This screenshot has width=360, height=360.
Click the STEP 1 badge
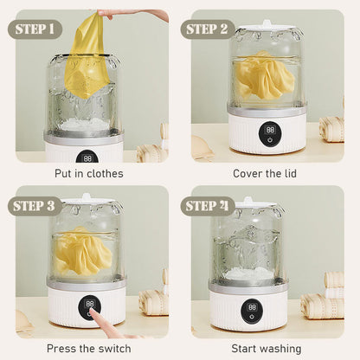pyautogui.click(x=35, y=29)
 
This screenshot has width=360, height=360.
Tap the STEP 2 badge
pyautogui.click(x=208, y=29)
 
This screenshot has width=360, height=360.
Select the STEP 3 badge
pyautogui.click(x=35, y=206)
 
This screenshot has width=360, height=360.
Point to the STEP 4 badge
pyautogui.click(x=208, y=206)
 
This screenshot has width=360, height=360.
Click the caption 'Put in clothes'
pyautogui.click(x=89, y=174)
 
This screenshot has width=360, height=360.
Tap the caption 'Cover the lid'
pyautogui.click(x=265, y=174)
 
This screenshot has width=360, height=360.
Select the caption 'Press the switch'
pyautogui.click(x=89, y=349)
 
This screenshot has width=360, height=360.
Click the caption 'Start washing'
pyautogui.click(x=267, y=349)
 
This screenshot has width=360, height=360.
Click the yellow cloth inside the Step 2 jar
pyautogui.click(x=264, y=75)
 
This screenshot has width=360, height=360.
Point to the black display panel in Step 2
pyautogui.click(x=270, y=133)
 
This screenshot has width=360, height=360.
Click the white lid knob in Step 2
pyautogui.click(x=266, y=23)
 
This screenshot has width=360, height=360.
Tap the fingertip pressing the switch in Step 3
pyautogui.click(x=93, y=311)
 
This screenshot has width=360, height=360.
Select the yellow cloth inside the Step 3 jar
pyautogui.click(x=82, y=251)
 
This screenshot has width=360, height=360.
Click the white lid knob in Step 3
pyautogui.click(x=87, y=197)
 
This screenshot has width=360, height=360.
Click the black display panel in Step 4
pyautogui.click(x=252, y=310)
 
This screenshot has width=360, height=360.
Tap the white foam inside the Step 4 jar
pyautogui.click(x=250, y=273)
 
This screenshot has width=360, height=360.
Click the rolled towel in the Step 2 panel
pyautogui.click(x=331, y=129)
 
